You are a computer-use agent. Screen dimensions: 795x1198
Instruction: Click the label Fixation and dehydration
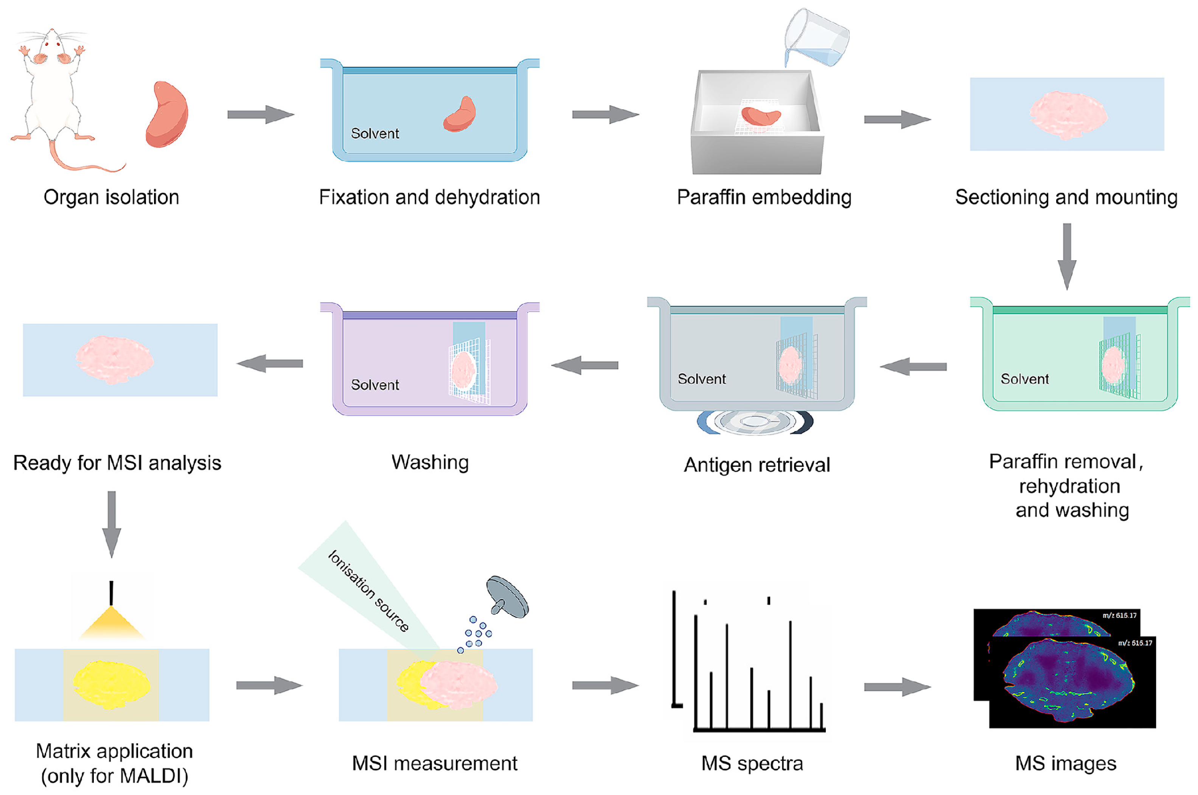[x=429, y=197]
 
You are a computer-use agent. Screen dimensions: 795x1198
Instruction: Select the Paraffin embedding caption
[x=763, y=197]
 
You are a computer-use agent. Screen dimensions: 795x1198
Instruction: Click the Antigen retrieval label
[x=757, y=465]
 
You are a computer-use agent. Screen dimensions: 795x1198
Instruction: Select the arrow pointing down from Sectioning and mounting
[x=1067, y=256]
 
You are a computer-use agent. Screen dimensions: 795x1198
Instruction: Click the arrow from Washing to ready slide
[x=270, y=363]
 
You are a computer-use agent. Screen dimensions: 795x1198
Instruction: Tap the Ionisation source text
[x=368, y=591]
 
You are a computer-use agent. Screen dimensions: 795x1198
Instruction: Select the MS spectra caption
[x=752, y=764]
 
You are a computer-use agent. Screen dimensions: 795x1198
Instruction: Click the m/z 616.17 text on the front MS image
[x=1134, y=643]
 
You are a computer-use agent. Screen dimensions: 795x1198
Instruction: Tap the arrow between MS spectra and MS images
[x=897, y=687]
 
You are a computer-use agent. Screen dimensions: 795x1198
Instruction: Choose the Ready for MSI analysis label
[x=117, y=463]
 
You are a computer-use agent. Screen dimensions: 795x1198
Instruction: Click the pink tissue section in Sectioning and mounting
[x=1068, y=115]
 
